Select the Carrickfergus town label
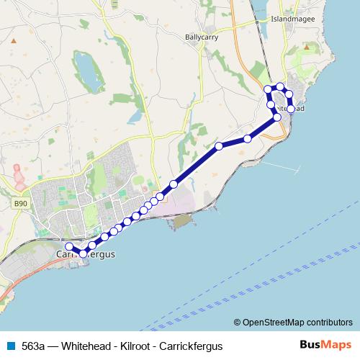84,254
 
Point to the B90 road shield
20,204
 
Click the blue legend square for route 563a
10,346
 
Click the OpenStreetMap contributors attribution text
297,323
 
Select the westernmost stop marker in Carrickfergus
69,246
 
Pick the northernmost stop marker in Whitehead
280,87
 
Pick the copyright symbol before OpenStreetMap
238,323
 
